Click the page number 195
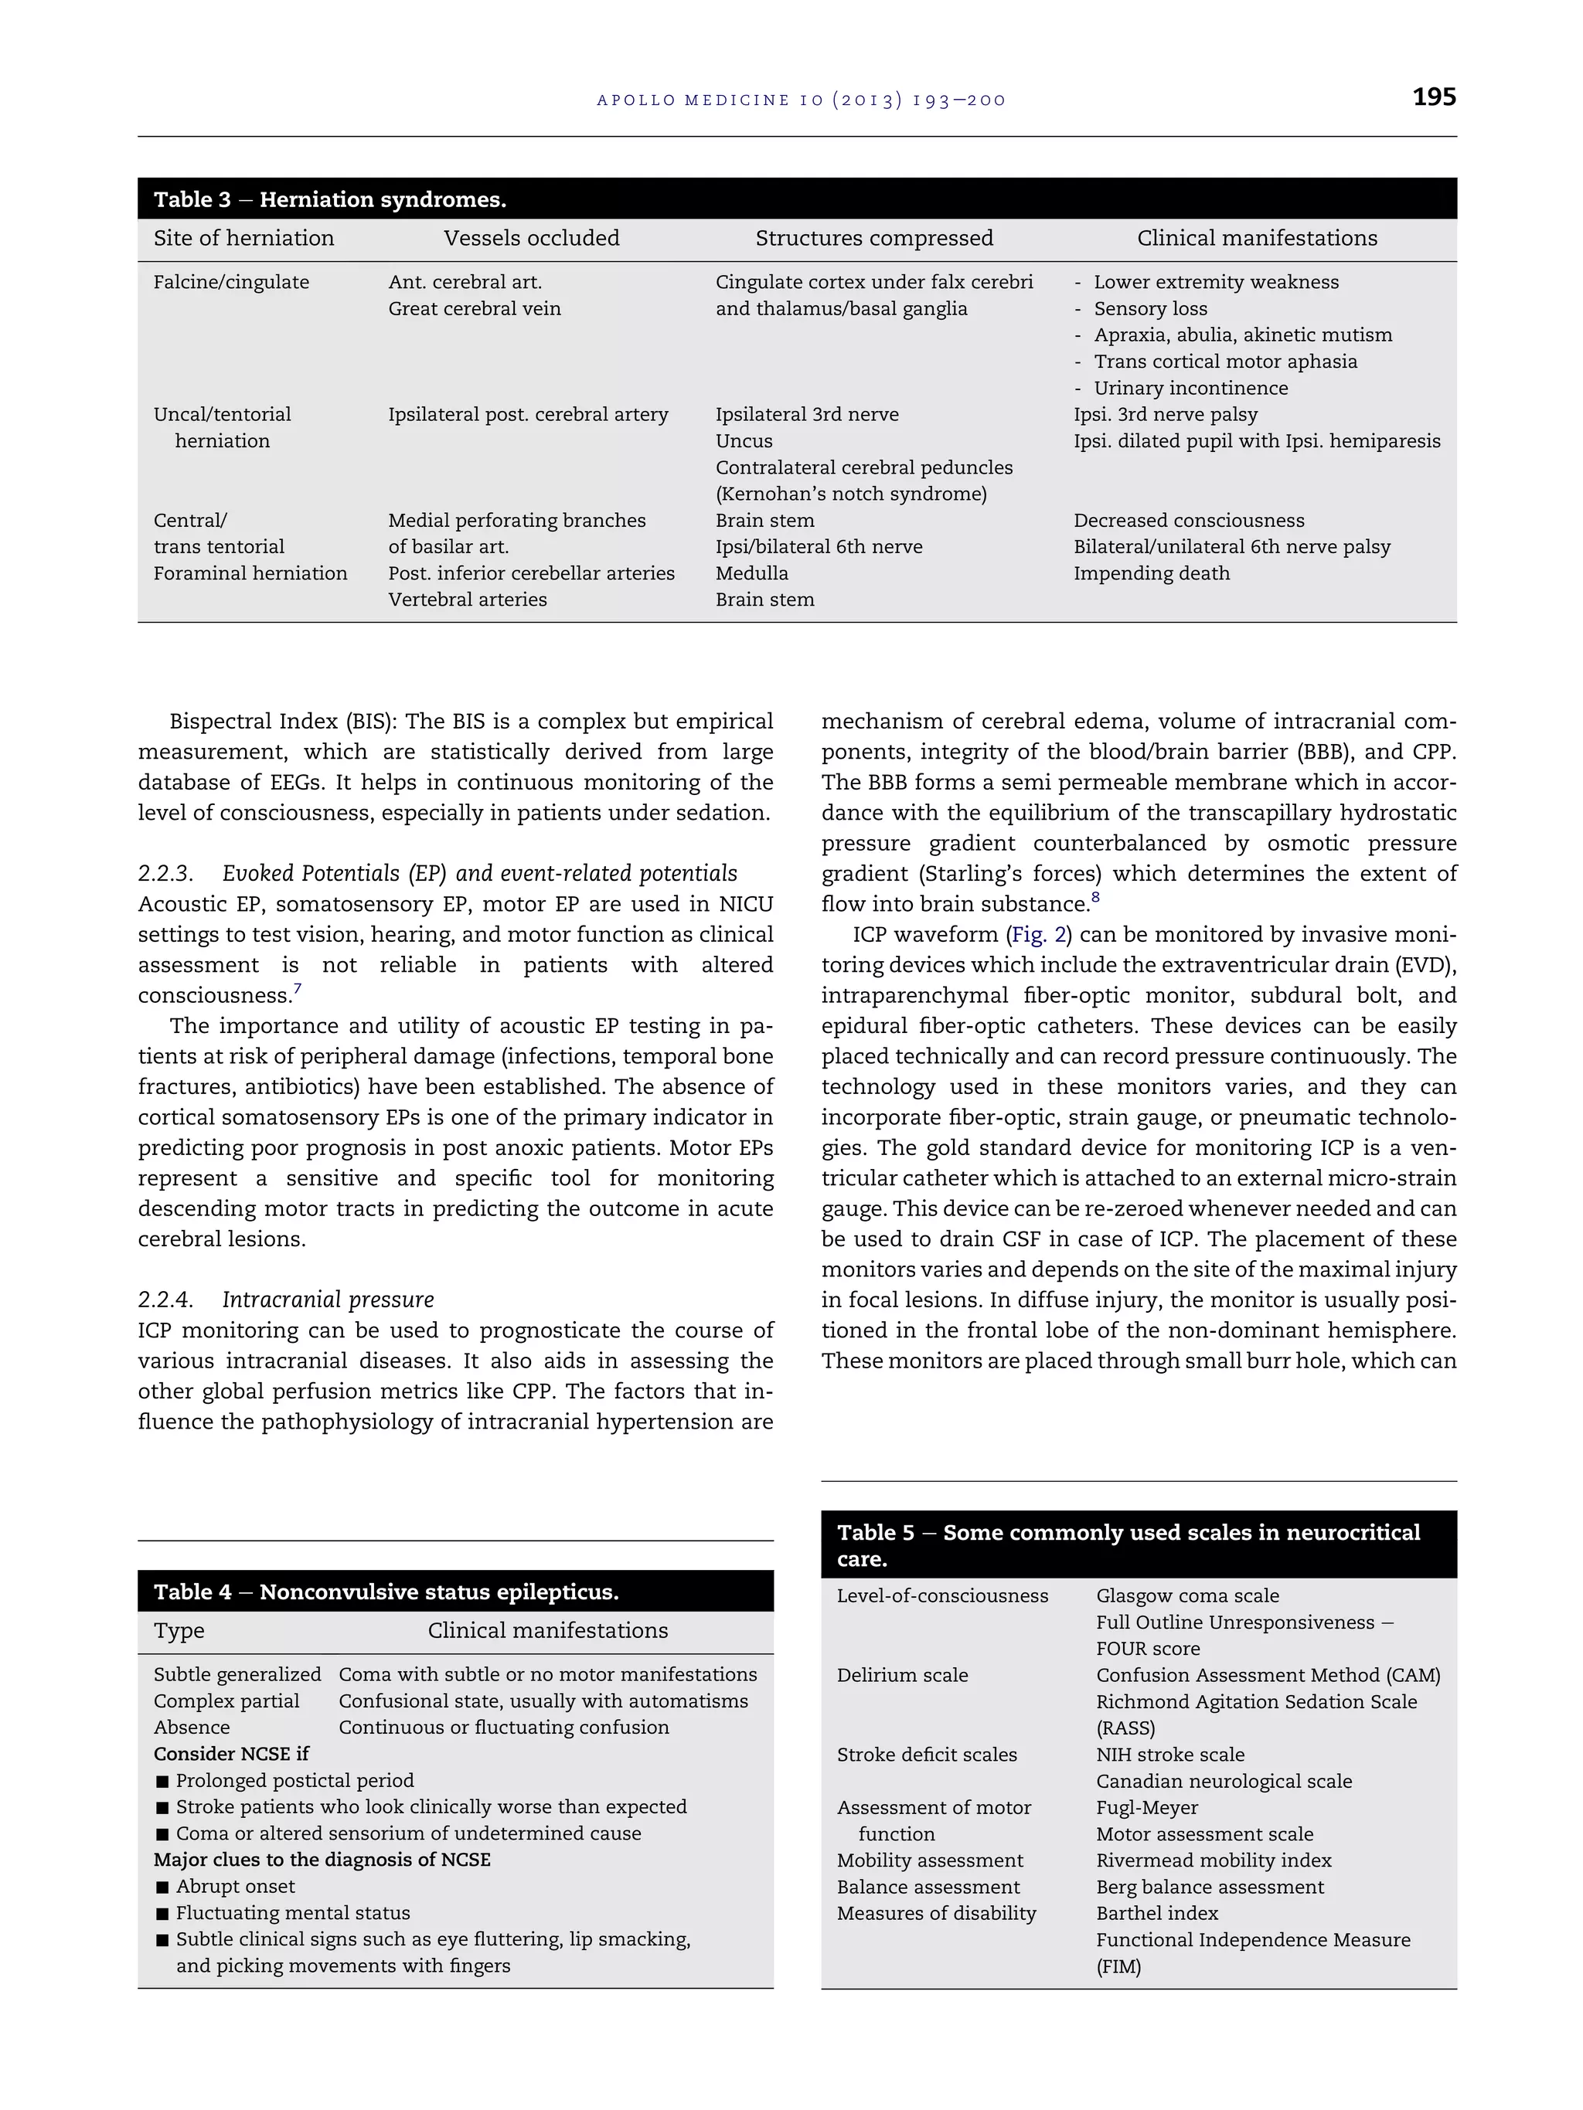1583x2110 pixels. coord(1433,97)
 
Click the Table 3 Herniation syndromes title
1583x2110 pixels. coord(329,199)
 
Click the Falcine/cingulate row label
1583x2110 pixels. coord(231,282)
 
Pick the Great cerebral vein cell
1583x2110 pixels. coord(475,308)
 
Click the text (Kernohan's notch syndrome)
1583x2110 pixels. coord(851,494)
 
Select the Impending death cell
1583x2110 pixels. coord(1151,573)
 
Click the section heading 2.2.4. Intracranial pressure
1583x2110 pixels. coord(285,1300)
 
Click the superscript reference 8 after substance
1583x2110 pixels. coord(1095,898)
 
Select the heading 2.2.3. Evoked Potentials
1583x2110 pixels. coord(437,874)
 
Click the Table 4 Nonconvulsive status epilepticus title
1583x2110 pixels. coord(386,1592)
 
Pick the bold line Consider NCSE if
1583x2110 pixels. coord(231,1753)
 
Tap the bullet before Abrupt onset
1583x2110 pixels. coord(162,1887)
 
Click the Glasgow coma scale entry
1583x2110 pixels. coord(1187,1596)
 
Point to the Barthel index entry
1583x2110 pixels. coord(1156,1914)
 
